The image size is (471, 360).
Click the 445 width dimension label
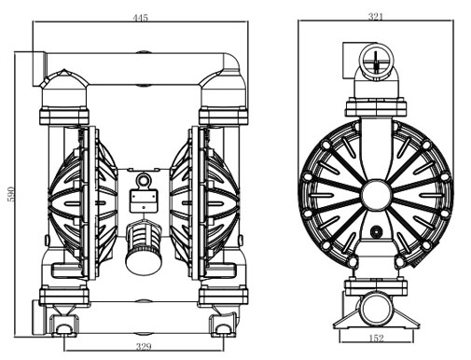tap(141, 18)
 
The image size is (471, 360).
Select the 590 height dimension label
tap(11, 194)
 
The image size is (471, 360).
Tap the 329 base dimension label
tap(144, 346)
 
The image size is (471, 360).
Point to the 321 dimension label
tap(376, 17)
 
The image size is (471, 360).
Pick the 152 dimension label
tap(376, 338)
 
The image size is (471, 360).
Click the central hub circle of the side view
tap(376, 194)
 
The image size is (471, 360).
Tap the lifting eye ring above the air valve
tap(144, 180)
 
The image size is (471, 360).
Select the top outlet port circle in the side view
tap(376, 61)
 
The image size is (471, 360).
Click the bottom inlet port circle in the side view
tap(376, 309)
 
